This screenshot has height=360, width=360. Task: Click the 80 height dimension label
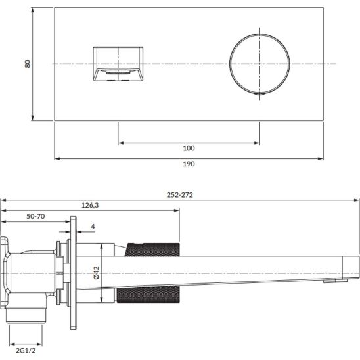[28, 64]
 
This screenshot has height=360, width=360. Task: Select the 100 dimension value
[189, 148]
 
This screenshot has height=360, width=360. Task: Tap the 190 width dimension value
[189, 164]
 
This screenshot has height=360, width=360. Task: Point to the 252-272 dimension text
[180, 195]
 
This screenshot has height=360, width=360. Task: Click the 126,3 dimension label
[90, 205]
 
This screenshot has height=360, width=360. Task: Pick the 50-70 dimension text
[35, 216]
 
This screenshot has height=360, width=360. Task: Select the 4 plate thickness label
[93, 227]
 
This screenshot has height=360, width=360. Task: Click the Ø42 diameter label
[97, 273]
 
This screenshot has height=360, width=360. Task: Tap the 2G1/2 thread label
[26, 351]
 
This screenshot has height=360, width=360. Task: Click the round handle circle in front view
[259, 34]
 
